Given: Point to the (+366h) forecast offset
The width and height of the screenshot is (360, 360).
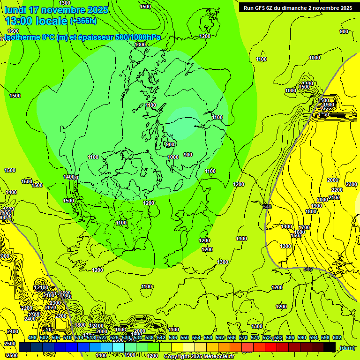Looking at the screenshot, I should pyautogui.click(x=83, y=21).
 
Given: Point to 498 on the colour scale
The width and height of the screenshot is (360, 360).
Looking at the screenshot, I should pyautogui.click(x=32, y=337).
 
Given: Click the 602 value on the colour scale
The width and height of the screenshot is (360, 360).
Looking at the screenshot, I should pyautogui.click(x=337, y=337).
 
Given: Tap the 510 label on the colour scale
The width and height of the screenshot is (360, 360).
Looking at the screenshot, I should pyautogui.click(x=67, y=337).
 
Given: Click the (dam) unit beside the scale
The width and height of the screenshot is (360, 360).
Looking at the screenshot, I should pyautogui.click(x=347, y=347).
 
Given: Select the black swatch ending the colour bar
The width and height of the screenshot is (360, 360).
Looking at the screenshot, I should pyautogui.click(x=330, y=347).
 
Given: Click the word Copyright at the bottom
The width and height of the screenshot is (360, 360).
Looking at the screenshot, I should pyautogui.click(x=178, y=357).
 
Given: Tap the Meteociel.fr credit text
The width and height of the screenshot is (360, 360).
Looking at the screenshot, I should pyautogui.click(x=219, y=357).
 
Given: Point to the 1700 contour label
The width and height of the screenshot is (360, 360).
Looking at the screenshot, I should pyautogui.click(x=304, y=227).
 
